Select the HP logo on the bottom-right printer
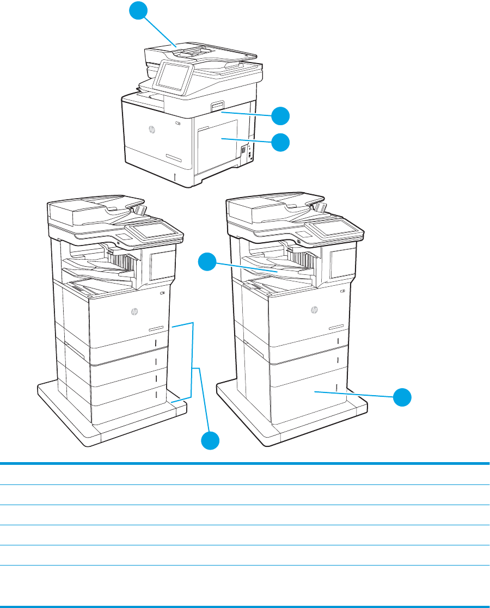(x=314, y=311)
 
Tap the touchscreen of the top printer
(x=171, y=76)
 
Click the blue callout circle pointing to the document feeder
(x=140, y=11)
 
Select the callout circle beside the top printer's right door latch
(x=281, y=116)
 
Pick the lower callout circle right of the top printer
(x=281, y=142)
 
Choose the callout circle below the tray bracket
(x=211, y=440)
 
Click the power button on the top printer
(x=178, y=123)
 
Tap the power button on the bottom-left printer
(x=164, y=293)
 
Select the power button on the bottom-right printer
(x=342, y=292)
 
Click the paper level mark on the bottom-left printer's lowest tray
(x=156, y=394)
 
